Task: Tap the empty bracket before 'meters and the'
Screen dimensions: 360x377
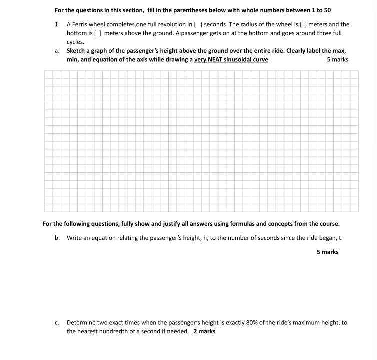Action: pyautogui.click(x=303, y=24)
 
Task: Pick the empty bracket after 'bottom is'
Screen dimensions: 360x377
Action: pyautogui.click(x=98, y=33)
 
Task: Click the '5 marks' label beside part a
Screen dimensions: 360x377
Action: pyautogui.click(x=337, y=59)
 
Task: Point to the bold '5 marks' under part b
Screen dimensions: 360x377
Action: pyautogui.click(x=327, y=252)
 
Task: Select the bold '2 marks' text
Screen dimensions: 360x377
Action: pyautogui.click(x=205, y=331)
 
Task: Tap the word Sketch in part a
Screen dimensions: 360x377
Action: pyautogui.click(x=77, y=51)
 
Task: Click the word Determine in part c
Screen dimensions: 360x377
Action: pyautogui.click(x=81, y=323)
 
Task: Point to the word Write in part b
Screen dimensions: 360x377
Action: pyautogui.click(x=74, y=238)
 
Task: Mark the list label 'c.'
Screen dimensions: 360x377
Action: pyautogui.click(x=57, y=323)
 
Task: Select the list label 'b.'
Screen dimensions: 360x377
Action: pyautogui.click(x=57, y=238)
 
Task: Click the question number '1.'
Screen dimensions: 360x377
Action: pyautogui.click(x=57, y=24)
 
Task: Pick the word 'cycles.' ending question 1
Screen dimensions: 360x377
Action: pyautogui.click(x=75, y=42)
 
